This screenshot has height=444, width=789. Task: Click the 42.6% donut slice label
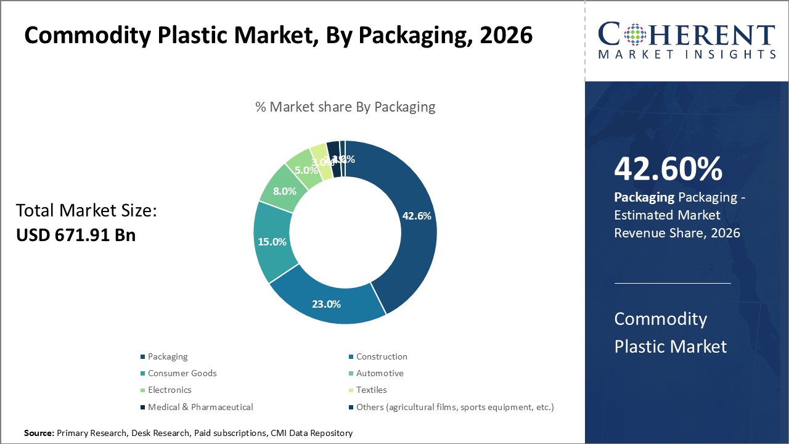pos(416,216)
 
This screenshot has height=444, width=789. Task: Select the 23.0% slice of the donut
pos(326,303)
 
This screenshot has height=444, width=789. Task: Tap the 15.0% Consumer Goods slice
pos(272,242)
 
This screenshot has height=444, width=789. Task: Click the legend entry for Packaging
pos(168,356)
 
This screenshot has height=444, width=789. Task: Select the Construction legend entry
pos(382,356)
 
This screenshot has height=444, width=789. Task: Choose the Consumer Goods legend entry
pos(182,373)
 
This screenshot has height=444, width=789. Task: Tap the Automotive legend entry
pos(380,373)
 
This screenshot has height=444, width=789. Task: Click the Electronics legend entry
pos(170,390)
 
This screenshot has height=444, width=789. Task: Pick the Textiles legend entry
pos(371,390)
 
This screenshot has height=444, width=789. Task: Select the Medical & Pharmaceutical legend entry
pos(200,406)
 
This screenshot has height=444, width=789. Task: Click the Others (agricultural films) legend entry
pos(455,406)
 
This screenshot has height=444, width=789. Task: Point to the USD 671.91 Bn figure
pos(76,235)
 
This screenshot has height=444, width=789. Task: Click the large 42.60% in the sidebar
pos(668,169)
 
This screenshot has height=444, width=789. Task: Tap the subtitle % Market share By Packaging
pos(345,107)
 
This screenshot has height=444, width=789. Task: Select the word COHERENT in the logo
pos(687,35)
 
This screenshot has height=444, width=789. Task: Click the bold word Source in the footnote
pos(38,434)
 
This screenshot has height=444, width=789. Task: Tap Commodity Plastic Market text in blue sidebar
pos(670,332)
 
